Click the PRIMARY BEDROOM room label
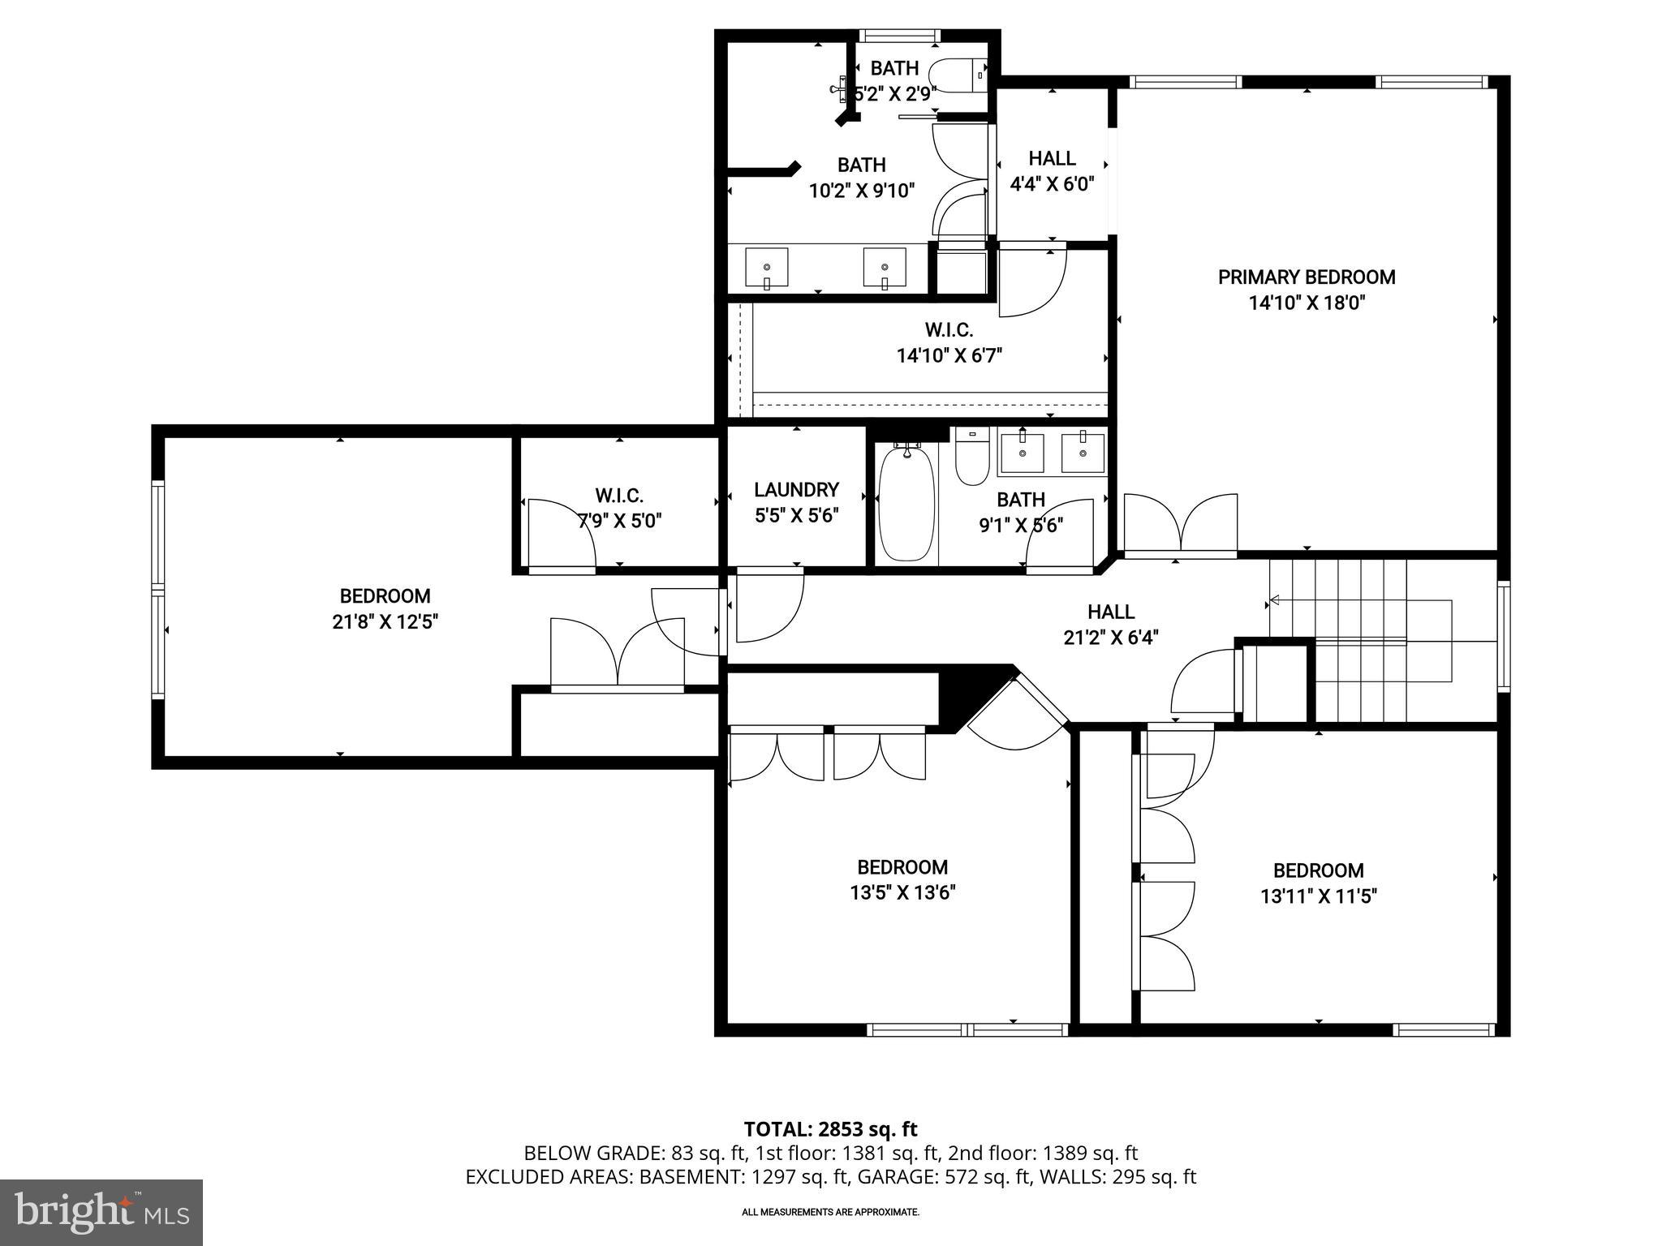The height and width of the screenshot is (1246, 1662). point(1306,277)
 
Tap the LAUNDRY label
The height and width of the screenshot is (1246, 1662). point(796,490)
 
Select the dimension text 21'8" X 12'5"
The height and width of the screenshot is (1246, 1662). point(385,622)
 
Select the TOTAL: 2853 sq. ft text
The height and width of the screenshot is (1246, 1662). point(830,1128)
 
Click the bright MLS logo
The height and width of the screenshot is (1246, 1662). point(101,1212)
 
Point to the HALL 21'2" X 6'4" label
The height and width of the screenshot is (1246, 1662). point(1110,625)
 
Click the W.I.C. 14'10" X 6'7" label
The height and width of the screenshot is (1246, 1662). point(949,342)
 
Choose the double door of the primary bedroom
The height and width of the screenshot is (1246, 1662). point(1181,526)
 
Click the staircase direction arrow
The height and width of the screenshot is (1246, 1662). point(1275,600)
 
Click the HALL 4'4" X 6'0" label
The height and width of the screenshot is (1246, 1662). point(1052,171)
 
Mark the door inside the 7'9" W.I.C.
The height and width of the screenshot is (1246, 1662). point(562,534)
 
